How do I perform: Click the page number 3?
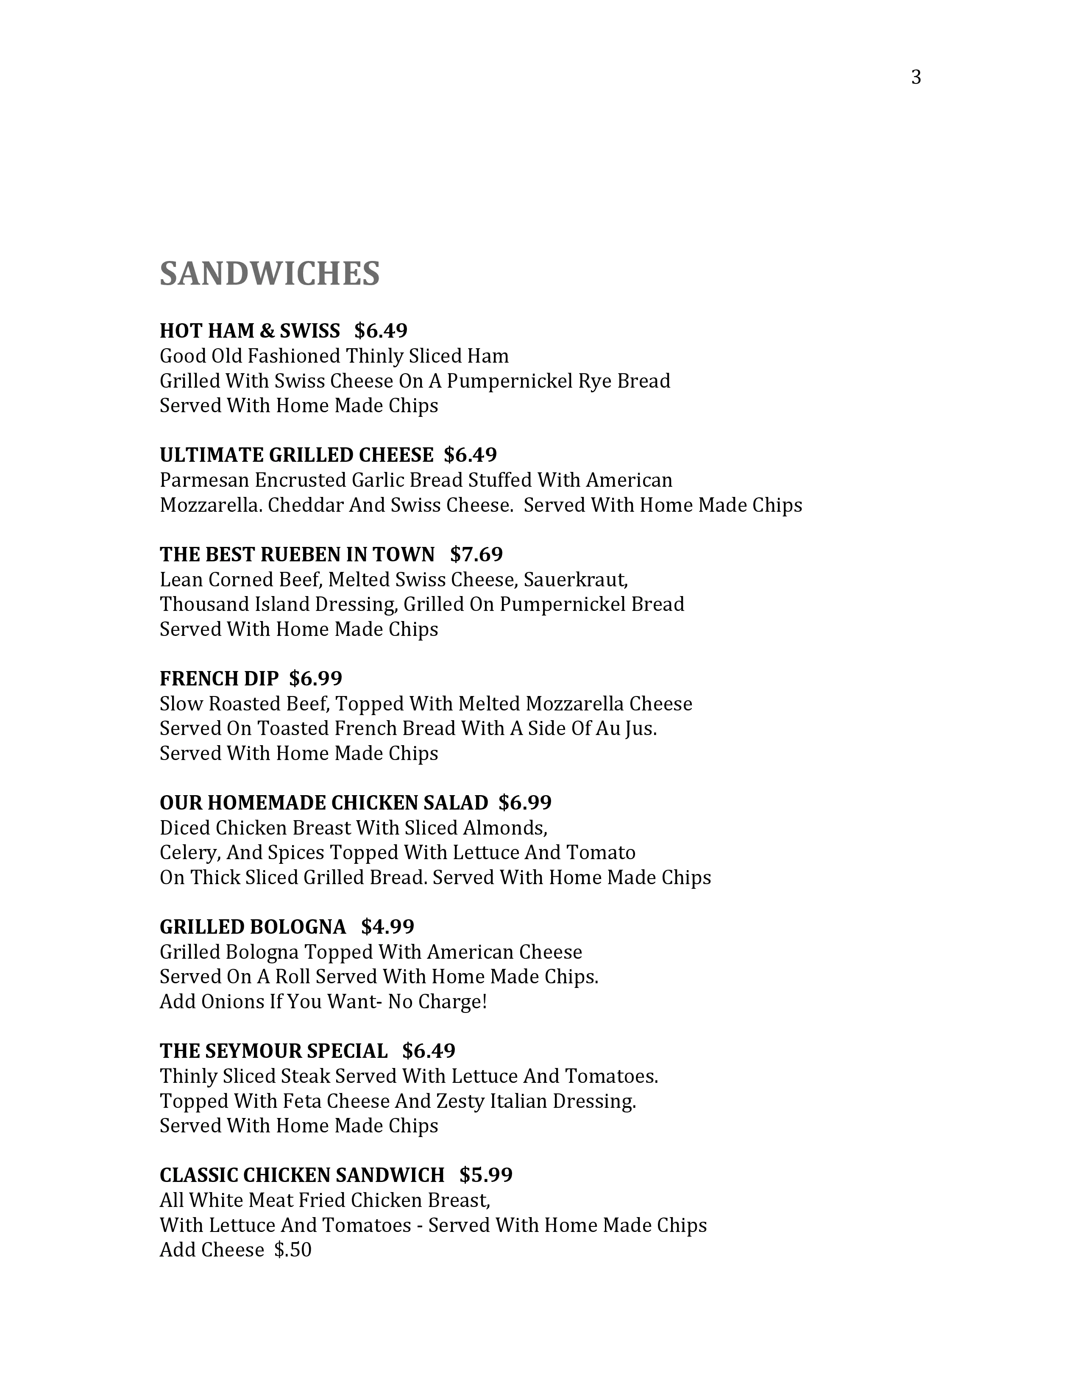pyautogui.click(x=916, y=78)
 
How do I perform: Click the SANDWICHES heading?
pyautogui.click(x=270, y=274)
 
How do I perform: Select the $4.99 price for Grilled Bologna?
pyautogui.click(x=387, y=926)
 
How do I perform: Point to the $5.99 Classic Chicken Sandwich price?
pyautogui.click(x=485, y=1175)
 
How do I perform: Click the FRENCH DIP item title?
pyautogui.click(x=219, y=678)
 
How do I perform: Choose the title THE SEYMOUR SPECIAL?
pyautogui.click(x=273, y=1051)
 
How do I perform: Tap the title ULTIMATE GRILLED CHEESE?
pyautogui.click(x=296, y=455)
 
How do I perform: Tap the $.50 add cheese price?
pyautogui.click(x=293, y=1249)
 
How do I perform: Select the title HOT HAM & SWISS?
pyautogui.click(x=250, y=330)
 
